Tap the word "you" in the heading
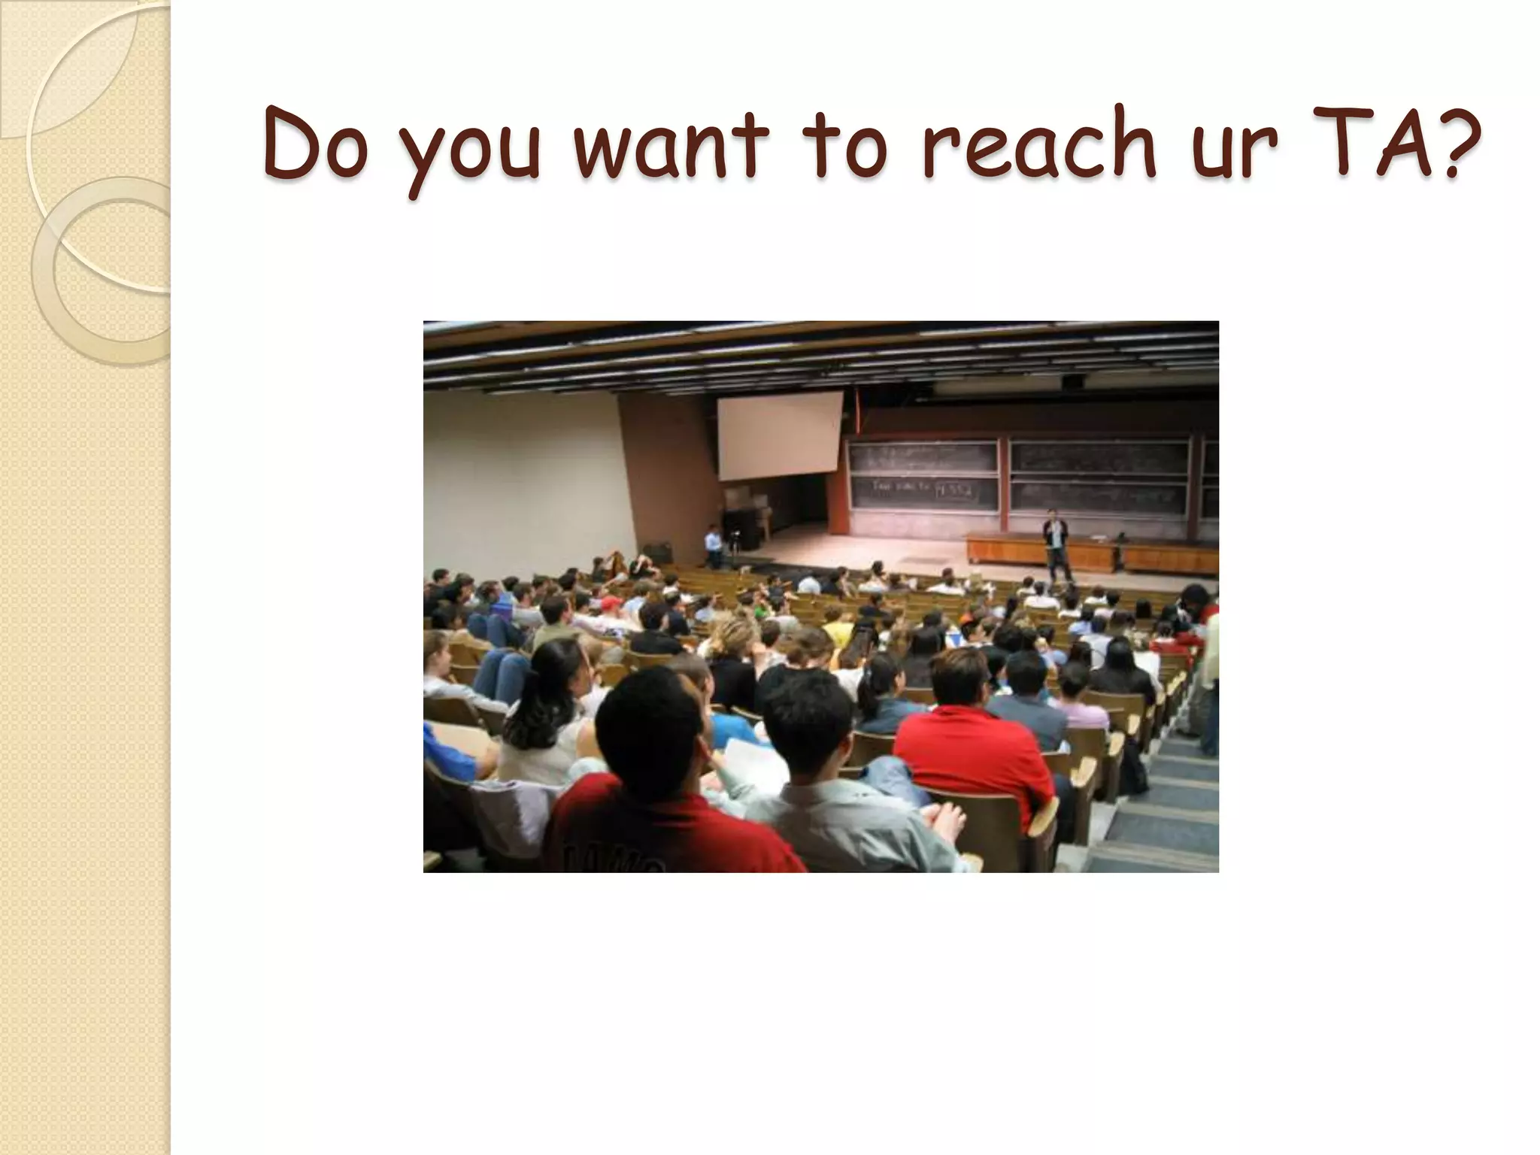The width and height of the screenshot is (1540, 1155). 469,150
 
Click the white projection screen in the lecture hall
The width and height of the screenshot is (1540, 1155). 779,436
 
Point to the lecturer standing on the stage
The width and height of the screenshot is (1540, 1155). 1057,544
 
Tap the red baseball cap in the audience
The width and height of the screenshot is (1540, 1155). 611,603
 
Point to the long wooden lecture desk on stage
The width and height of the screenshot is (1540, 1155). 1090,553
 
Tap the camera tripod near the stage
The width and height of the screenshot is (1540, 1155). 733,545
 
